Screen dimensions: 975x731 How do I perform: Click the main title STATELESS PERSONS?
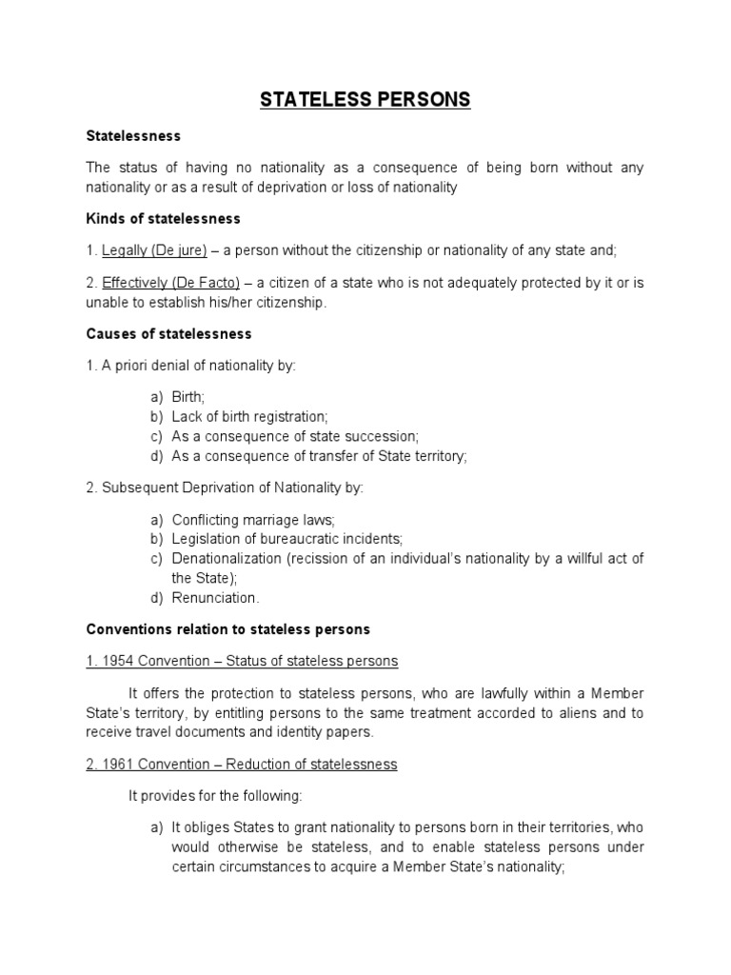[365, 100]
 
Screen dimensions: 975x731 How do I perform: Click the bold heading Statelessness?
[133, 137]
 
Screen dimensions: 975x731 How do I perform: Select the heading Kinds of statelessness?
[163, 219]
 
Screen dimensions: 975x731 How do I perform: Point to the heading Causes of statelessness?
[168, 334]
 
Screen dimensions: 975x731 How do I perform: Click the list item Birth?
[188, 396]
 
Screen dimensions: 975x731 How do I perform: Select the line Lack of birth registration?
[249, 416]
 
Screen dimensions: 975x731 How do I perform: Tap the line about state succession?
[294, 436]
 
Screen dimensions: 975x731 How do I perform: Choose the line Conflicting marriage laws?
[253, 519]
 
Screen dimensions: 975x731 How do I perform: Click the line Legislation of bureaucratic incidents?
[286, 538]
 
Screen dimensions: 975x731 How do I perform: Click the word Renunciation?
[214, 598]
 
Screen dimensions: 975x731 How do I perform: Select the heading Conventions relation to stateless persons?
[227, 629]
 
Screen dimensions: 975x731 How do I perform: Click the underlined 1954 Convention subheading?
[242, 661]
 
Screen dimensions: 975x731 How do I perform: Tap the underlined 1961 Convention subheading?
[242, 764]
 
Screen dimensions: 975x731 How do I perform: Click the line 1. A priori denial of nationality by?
[191, 366]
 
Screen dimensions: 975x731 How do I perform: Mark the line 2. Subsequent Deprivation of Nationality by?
[225, 487]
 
